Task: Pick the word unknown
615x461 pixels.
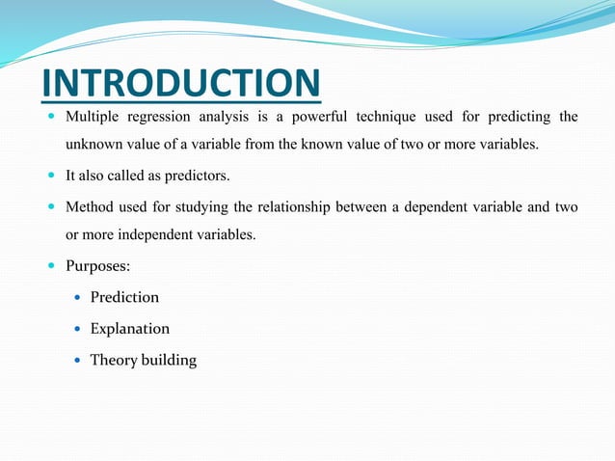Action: tap(93, 145)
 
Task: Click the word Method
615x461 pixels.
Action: tap(90, 206)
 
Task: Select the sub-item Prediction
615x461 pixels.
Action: tap(124, 297)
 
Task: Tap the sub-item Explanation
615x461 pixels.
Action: tap(130, 329)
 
